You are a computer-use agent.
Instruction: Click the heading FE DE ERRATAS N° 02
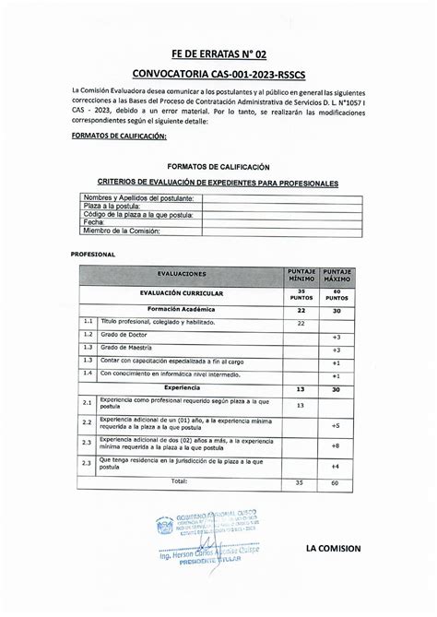coord(218,54)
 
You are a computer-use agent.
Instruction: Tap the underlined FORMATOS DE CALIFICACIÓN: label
coord(118,136)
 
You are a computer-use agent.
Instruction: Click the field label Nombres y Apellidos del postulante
coord(138,199)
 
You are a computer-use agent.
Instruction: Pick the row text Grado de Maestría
coord(129,346)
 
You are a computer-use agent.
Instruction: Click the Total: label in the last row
coord(179,481)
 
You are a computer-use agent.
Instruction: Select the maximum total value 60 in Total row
coord(336,482)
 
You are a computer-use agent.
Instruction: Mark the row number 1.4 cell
coord(88,374)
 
